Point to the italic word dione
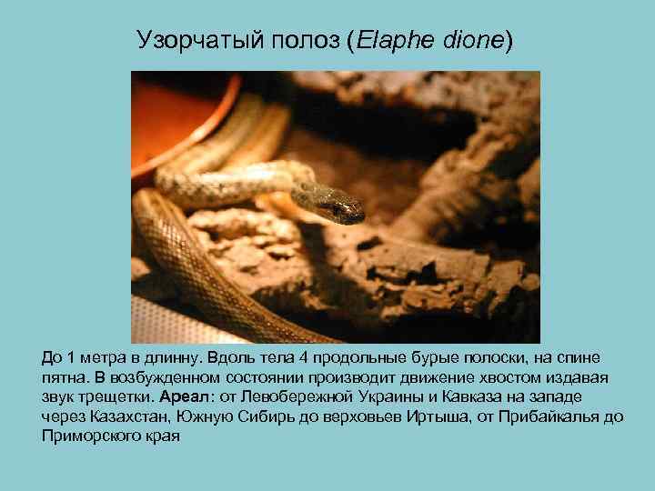pyautogui.click(x=470, y=40)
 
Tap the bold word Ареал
pyautogui.click(x=183, y=396)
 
